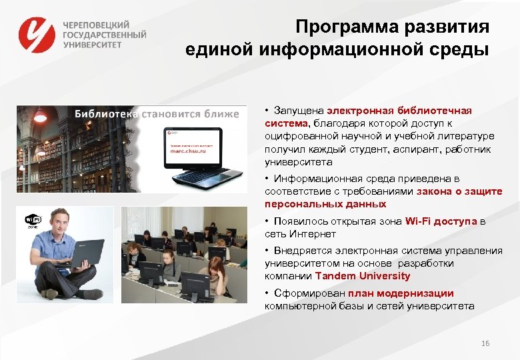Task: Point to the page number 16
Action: tap(485, 343)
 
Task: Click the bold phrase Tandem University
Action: tap(363, 275)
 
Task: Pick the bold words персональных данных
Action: tap(325, 204)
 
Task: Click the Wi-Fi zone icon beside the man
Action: tap(33, 221)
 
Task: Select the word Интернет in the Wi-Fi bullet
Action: tap(313, 234)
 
